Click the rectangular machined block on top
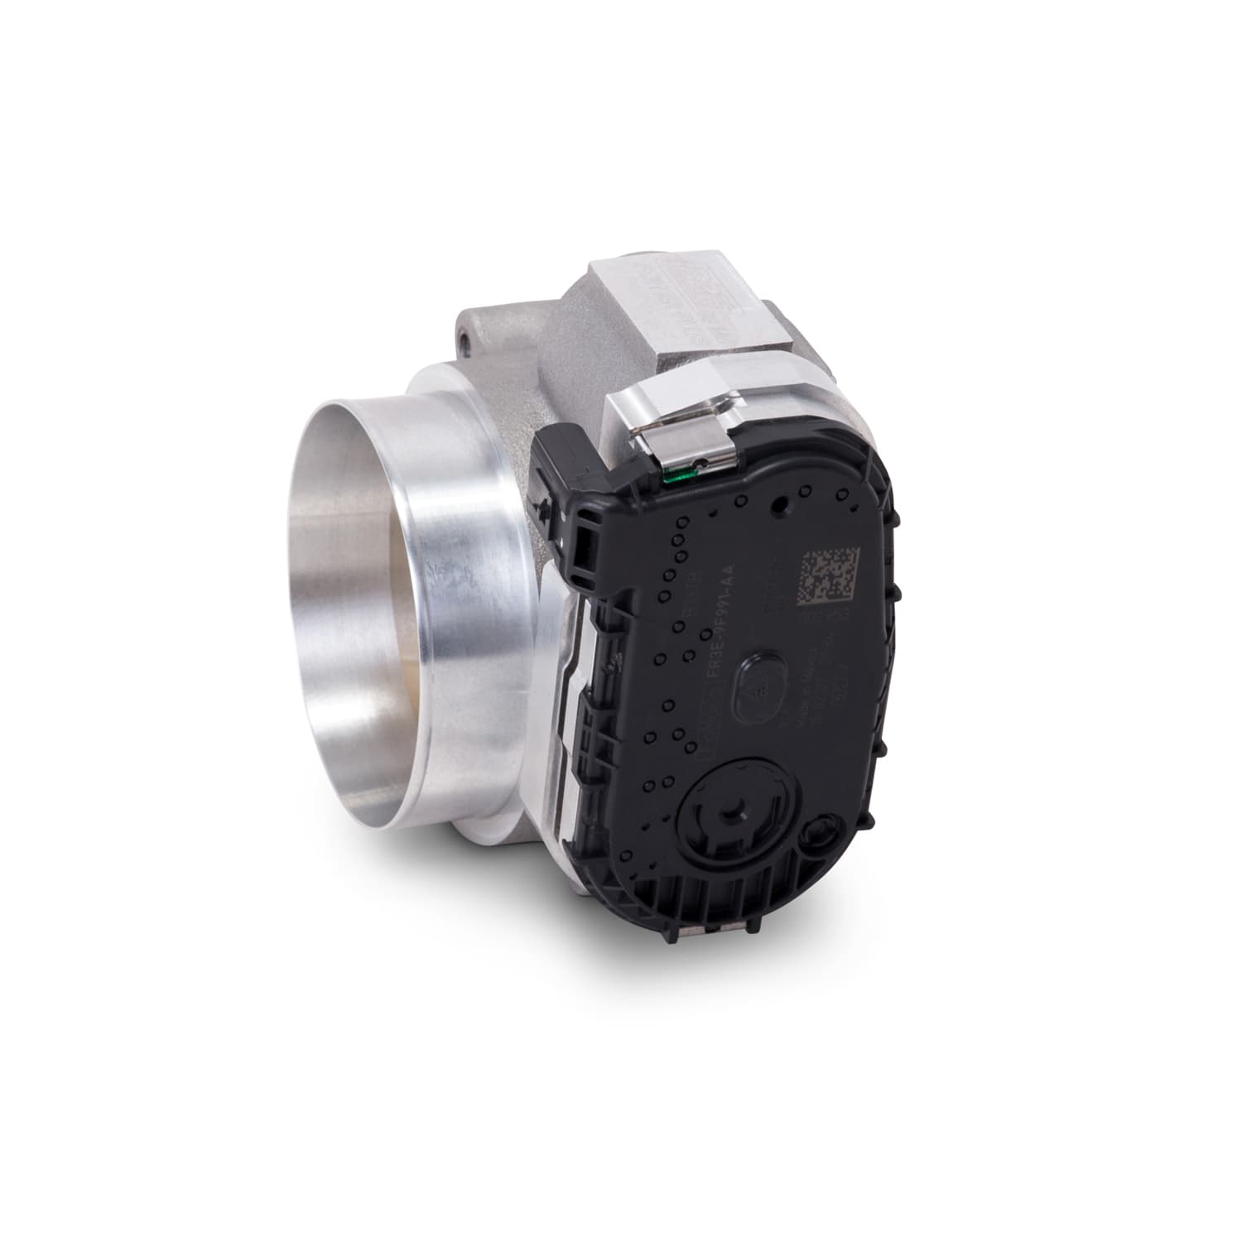(679, 306)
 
